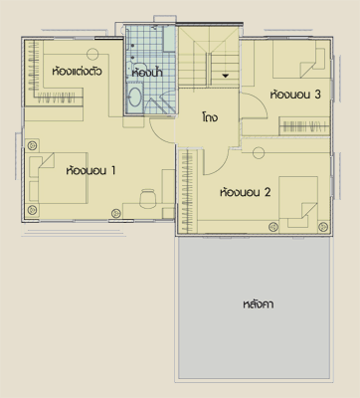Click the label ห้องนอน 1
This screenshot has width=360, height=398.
tap(90, 171)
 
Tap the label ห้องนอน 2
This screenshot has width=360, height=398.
tap(246, 192)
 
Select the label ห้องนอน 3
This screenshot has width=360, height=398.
tap(295, 95)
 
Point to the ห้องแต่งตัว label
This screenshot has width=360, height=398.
tap(77, 72)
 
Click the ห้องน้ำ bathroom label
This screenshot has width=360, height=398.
tap(147, 73)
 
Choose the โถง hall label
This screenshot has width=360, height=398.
tap(210, 117)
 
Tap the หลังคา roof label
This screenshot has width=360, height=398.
tap(259, 304)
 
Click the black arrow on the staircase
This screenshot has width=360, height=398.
tap(226, 76)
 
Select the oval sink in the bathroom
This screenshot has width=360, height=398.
tap(135, 97)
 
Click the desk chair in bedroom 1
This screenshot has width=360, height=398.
tap(147, 198)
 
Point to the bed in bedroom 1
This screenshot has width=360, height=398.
tap(63, 177)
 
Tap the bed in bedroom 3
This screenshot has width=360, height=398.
tap(300, 59)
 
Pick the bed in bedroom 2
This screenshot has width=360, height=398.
tap(298, 202)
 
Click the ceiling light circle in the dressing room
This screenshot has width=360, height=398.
tap(92, 54)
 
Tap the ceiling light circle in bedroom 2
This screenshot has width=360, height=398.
tap(259, 152)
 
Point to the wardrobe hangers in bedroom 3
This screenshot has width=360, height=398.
tap(304, 126)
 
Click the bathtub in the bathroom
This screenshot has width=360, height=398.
tap(169, 39)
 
